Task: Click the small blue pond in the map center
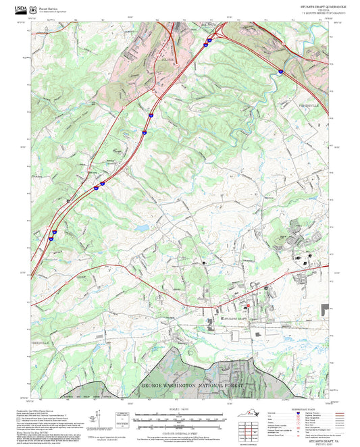tap(141, 228)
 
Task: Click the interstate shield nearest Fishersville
tap(280, 70)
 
